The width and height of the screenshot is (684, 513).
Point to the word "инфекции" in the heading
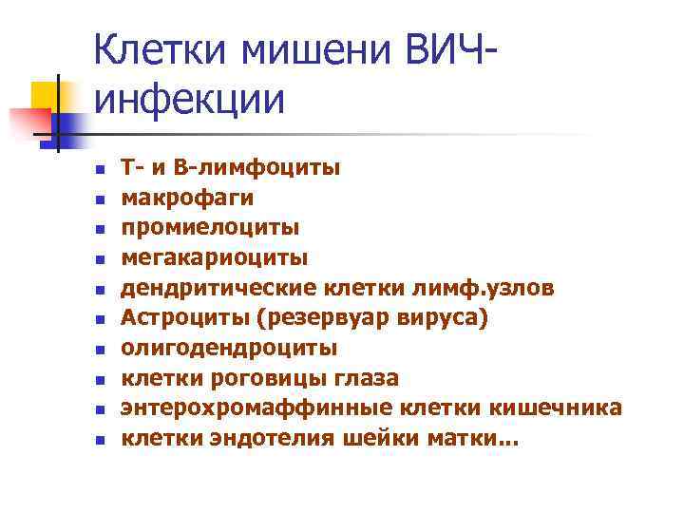(x=189, y=99)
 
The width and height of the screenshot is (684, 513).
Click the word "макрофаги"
(x=187, y=199)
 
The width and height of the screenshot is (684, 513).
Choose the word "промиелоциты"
(x=210, y=228)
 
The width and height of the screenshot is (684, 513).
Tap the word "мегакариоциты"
(x=215, y=257)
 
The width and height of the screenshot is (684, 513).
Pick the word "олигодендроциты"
(x=229, y=349)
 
